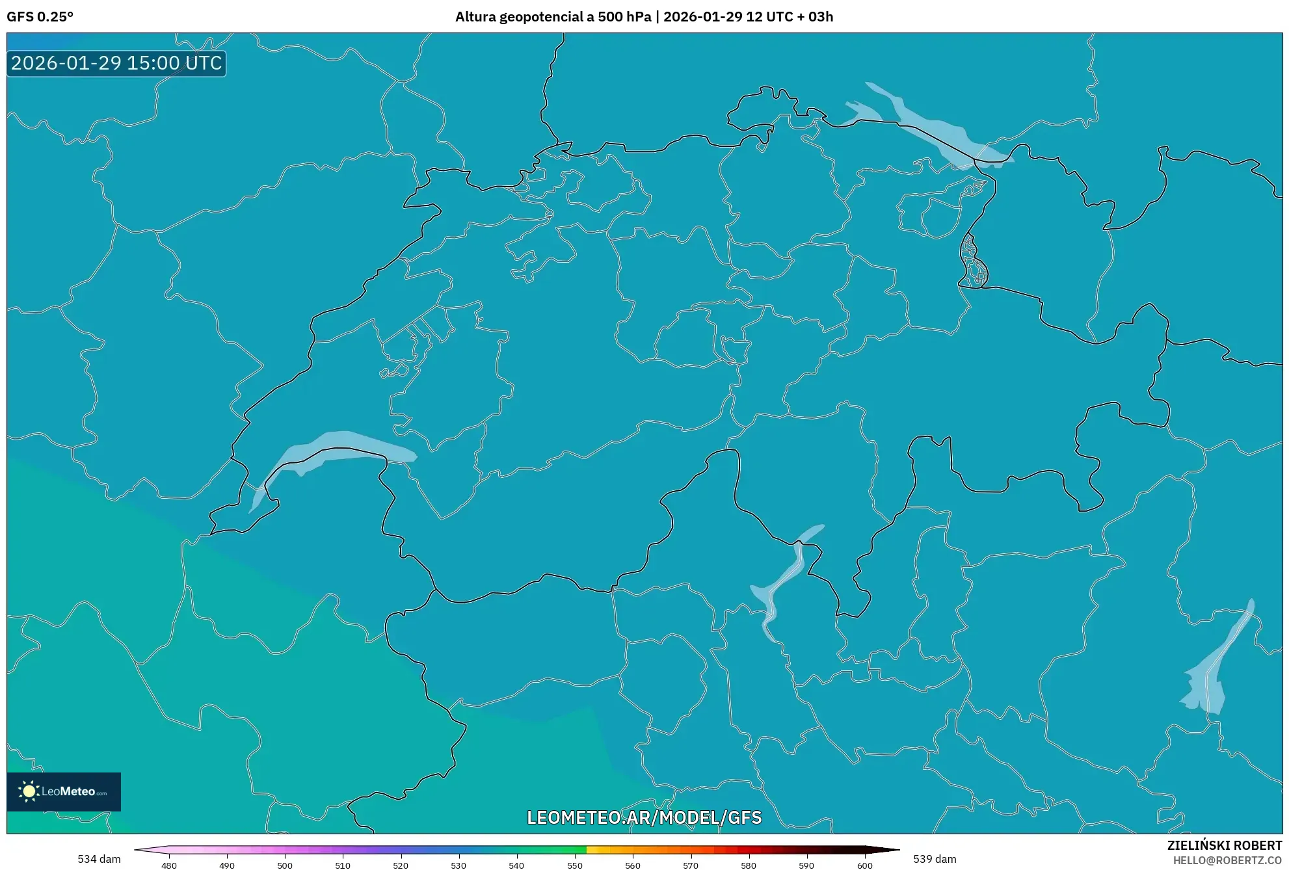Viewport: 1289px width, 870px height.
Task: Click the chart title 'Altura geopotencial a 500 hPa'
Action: [553, 17]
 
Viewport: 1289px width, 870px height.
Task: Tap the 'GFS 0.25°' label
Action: [40, 17]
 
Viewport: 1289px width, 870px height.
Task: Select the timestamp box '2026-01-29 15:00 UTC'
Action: [116, 63]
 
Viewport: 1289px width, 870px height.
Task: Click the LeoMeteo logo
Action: [64, 791]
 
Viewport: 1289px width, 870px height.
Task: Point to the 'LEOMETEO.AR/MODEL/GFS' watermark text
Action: [644, 817]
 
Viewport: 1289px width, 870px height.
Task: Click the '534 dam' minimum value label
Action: [99, 859]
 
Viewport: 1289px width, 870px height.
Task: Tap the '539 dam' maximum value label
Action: [935, 859]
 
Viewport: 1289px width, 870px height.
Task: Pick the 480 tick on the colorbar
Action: [169, 865]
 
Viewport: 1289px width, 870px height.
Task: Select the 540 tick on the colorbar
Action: [516, 865]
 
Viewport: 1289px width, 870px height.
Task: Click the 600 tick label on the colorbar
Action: [864, 865]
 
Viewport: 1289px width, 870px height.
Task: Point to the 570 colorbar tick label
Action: [691, 865]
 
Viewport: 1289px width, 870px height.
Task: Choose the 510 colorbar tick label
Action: [343, 865]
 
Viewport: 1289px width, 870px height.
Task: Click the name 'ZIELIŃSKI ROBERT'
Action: [1225, 845]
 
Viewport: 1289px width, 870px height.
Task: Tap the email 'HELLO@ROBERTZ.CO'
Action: [1227, 860]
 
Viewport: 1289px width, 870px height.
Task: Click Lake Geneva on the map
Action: [338, 449]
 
